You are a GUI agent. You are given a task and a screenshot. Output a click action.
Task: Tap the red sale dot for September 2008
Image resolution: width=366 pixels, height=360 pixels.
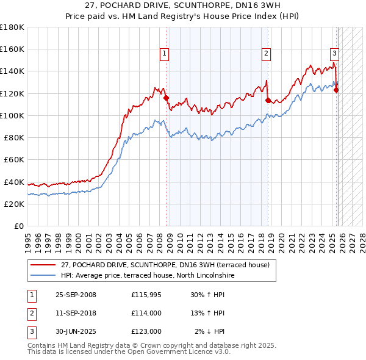tap(166, 98)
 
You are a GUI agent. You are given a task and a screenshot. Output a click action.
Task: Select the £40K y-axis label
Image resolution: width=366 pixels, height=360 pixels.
tap(14, 182)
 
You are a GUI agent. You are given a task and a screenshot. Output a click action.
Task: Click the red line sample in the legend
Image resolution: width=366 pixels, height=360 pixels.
tap(43, 265)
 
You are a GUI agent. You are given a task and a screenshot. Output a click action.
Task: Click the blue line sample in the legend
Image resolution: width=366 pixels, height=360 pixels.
tap(43, 276)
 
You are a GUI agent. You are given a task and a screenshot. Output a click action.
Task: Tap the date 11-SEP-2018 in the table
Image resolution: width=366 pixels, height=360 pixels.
tap(76, 313)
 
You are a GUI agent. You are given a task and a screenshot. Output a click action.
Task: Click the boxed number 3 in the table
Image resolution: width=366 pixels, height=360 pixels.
tap(30, 331)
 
